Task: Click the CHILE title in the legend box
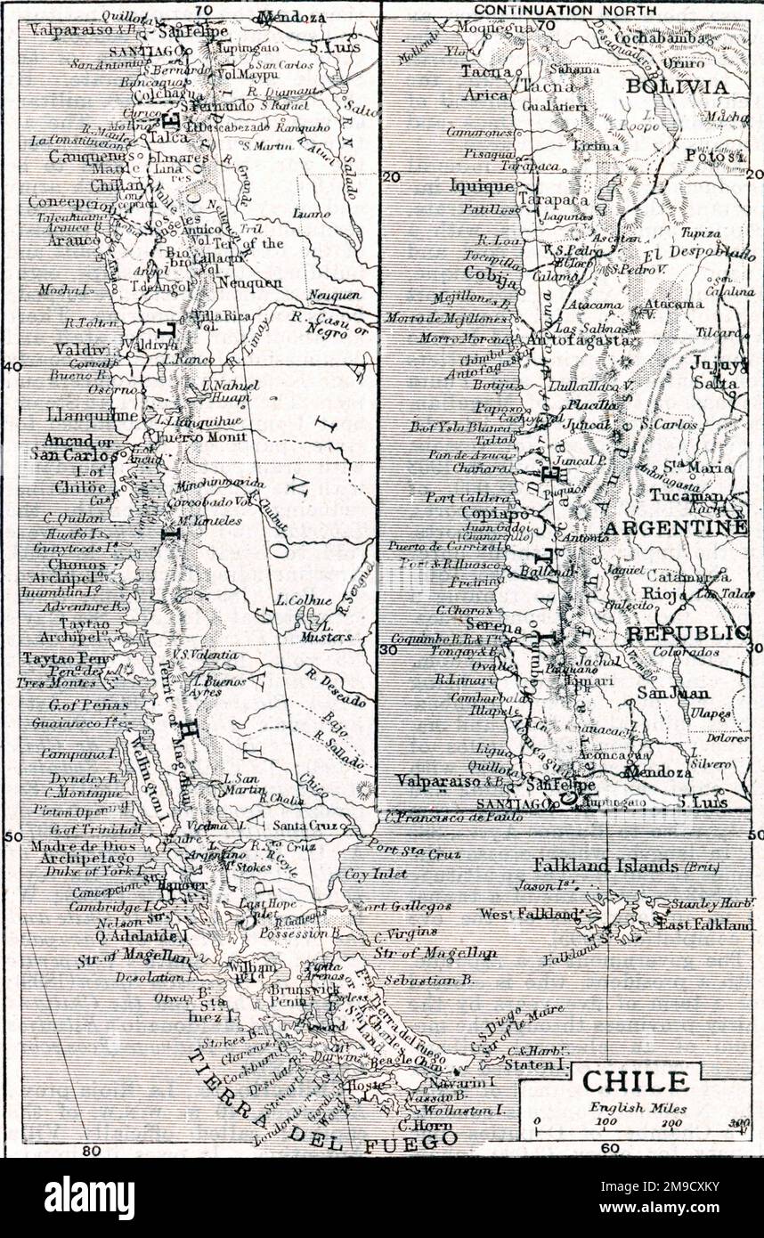[x=635, y=1081]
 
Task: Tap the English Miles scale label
[x=635, y=1108]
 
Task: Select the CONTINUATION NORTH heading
[x=565, y=10]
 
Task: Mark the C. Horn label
[x=429, y=1124]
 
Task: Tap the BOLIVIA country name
[x=677, y=86]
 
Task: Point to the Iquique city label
[x=482, y=186]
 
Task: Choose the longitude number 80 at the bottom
[x=92, y=1150]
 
